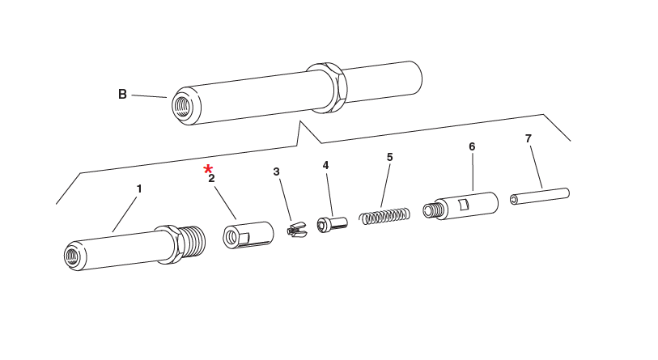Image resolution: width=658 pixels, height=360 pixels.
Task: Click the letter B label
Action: click(122, 94)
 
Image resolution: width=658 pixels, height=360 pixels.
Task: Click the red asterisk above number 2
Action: click(208, 168)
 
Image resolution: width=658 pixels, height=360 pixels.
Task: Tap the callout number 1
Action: click(138, 188)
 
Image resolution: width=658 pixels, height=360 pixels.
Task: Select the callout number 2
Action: click(211, 179)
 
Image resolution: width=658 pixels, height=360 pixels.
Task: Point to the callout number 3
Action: click(276, 172)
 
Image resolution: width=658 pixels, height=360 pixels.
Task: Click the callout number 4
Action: click(325, 165)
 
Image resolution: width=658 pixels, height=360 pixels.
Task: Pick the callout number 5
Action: click(389, 157)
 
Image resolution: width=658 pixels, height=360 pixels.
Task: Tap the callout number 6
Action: click(472, 146)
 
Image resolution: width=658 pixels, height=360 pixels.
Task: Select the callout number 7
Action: click(528, 138)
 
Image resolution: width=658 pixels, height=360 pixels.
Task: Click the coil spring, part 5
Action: click(385, 216)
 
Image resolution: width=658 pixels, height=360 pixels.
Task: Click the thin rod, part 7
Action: click(540, 196)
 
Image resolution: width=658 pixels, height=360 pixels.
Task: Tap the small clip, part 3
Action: click(297, 231)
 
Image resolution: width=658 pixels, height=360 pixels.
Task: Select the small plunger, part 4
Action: click(333, 223)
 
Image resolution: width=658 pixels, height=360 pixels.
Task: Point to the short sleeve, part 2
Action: click(247, 234)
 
